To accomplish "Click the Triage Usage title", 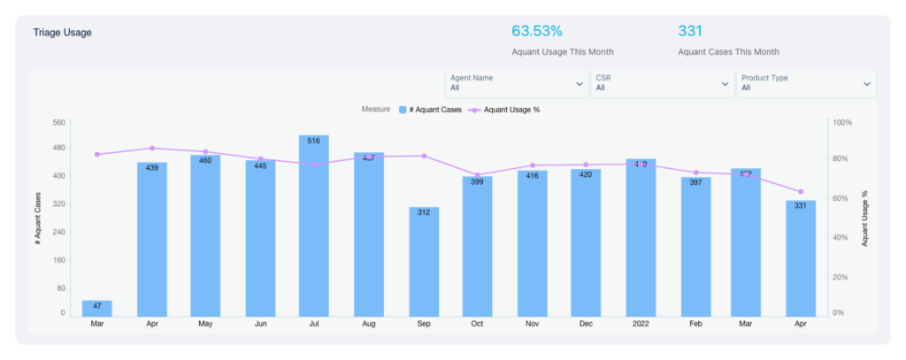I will (x=62, y=33).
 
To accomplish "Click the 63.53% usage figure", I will (x=536, y=31).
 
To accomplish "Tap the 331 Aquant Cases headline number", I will (x=690, y=31).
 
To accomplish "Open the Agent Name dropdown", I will (x=517, y=83).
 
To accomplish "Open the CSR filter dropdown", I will (x=662, y=83).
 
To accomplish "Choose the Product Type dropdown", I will (x=806, y=83).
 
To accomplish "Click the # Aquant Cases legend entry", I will (x=431, y=110).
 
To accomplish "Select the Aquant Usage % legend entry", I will (x=505, y=110).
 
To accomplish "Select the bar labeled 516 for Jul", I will (x=314, y=226).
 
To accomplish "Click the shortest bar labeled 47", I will (x=97, y=308).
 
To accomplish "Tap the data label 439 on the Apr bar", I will (x=152, y=167).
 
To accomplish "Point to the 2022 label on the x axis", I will (x=641, y=325).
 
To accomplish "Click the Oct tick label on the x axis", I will (x=477, y=325).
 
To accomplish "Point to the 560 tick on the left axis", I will (x=58, y=122).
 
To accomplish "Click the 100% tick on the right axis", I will (x=841, y=122).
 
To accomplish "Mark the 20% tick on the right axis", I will (x=841, y=276).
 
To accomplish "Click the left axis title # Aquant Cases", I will (x=38, y=218).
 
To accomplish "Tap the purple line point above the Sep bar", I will (x=424, y=156).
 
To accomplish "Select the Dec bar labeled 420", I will (x=586, y=242).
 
